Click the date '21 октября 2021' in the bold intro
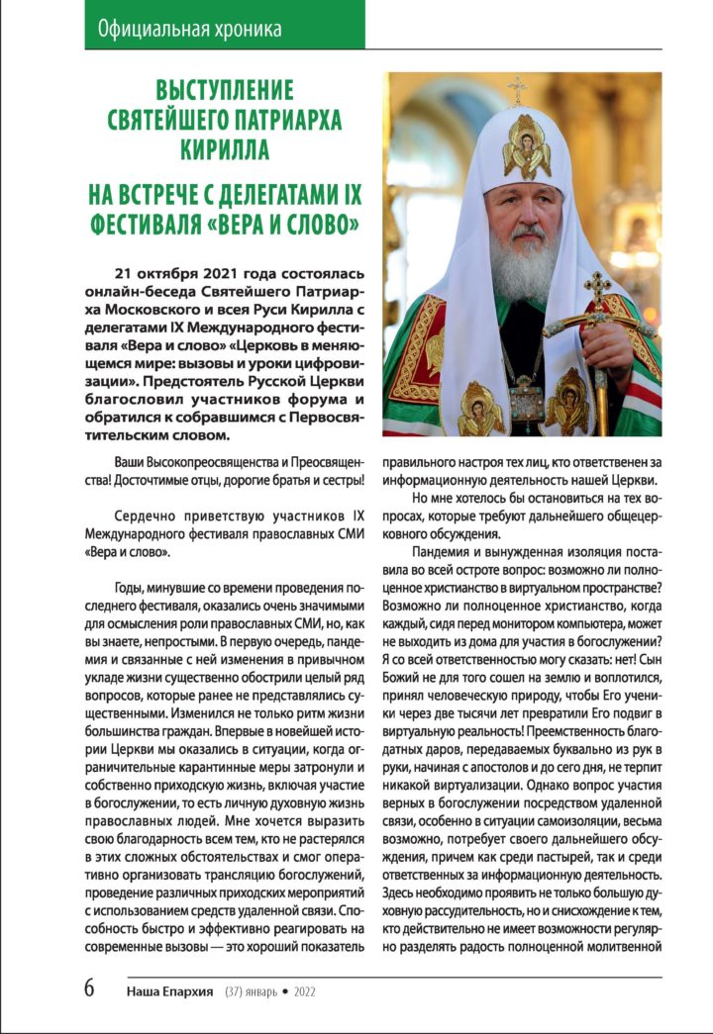pyautogui.click(x=180, y=273)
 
